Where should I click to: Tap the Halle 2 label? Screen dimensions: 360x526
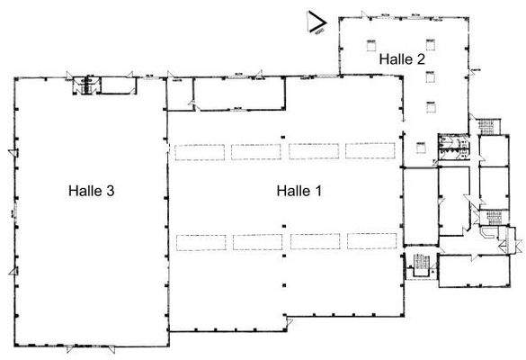[x=402, y=58]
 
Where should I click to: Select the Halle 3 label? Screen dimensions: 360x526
[x=90, y=191]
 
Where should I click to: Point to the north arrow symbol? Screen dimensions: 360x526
[x=316, y=22]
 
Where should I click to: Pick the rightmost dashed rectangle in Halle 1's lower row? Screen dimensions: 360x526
[x=370, y=241]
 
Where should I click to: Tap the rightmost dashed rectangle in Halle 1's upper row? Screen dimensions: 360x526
[x=370, y=151]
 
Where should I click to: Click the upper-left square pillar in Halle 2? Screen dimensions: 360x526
[x=368, y=43]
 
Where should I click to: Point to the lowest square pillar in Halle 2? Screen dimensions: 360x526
[x=431, y=106]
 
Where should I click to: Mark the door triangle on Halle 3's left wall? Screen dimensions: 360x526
[x=11, y=151]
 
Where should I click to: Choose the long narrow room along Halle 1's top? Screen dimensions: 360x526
[x=239, y=93]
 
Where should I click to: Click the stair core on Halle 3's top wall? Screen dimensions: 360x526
[x=86, y=85]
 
